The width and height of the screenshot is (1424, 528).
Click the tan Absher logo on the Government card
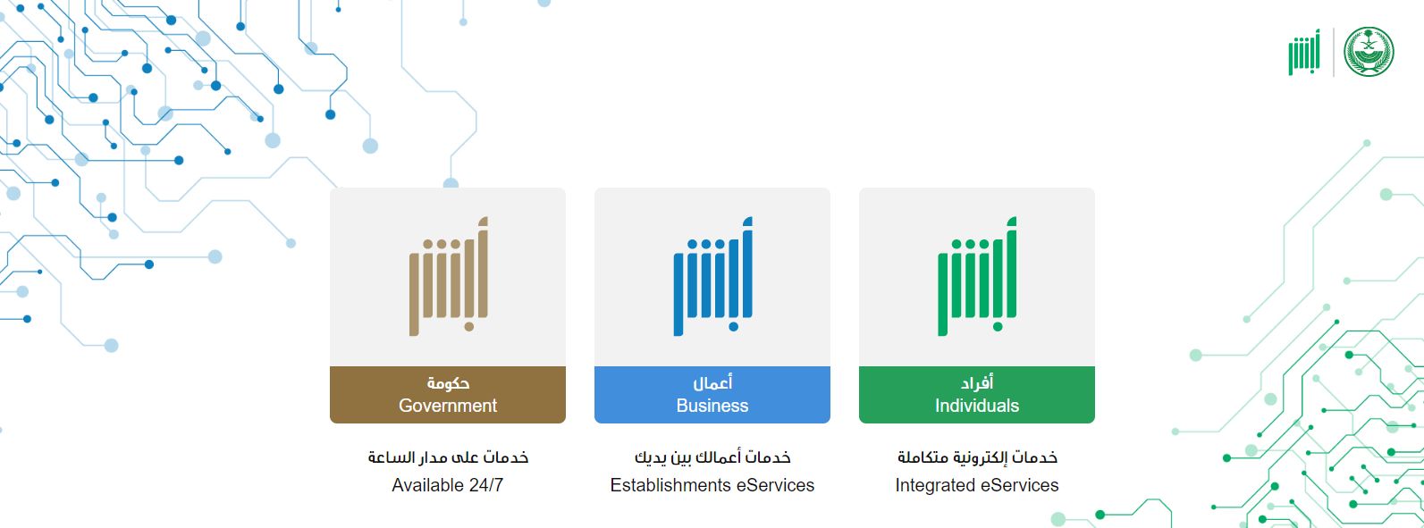(448, 276)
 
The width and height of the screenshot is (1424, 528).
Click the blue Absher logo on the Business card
(712, 276)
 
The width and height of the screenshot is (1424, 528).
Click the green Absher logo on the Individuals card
(977, 276)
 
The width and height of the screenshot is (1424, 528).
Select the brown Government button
(448, 395)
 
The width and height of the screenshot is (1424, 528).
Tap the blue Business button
(712, 395)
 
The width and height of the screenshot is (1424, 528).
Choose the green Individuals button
(976, 395)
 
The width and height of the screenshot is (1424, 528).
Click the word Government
(448, 406)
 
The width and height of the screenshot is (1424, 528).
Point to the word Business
(712, 406)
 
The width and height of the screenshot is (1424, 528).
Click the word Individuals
(976, 406)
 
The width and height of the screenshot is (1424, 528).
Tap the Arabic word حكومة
(448, 383)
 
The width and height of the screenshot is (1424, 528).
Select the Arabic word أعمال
(712, 382)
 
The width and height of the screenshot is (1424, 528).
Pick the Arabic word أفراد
(977, 382)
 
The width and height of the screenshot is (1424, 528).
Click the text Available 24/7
(448, 485)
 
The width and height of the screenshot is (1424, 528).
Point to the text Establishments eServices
(712, 485)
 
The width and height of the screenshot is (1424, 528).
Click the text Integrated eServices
(976, 485)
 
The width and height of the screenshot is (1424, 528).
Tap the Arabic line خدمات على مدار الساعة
(448, 457)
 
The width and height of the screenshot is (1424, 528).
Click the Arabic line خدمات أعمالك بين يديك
(712, 457)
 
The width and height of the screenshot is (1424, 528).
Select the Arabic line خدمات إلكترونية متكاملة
(977, 457)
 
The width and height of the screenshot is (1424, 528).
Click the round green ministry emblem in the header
(1369, 52)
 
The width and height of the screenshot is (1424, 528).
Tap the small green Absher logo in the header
(1304, 52)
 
